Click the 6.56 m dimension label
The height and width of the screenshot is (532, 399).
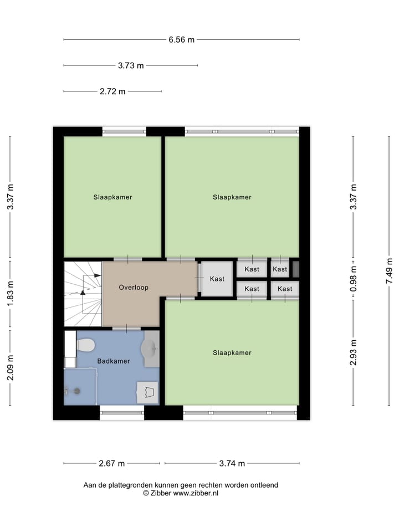[x=181, y=39]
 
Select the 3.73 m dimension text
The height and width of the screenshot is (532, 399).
[x=131, y=65]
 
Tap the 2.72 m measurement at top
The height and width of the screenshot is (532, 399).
[x=112, y=91]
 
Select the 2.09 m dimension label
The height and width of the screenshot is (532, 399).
[x=10, y=367]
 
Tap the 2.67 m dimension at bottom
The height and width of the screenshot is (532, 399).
[x=111, y=463]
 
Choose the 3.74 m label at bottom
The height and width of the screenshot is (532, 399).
[x=232, y=463]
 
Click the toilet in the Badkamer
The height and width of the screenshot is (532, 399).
[x=85, y=345]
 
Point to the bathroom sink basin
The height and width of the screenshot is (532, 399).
[x=150, y=349]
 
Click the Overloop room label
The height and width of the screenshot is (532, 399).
[x=134, y=288]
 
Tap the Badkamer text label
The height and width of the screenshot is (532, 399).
[x=114, y=361]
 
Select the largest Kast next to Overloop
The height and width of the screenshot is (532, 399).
[x=217, y=279]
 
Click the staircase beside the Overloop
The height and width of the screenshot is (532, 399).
[x=83, y=294]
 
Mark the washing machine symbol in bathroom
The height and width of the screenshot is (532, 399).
[x=147, y=392]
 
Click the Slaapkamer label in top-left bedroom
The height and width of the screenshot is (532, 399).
[x=112, y=197]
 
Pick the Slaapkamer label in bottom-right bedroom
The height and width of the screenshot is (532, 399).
[x=232, y=352]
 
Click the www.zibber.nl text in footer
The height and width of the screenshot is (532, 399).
[x=196, y=493]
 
